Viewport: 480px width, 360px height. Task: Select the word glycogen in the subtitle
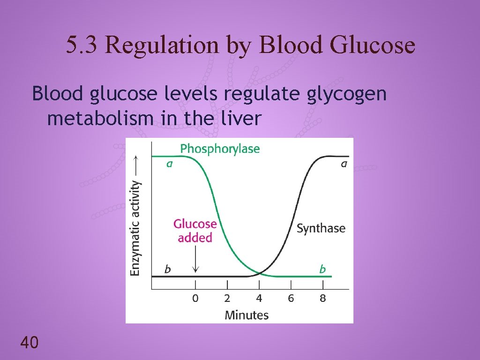(347, 94)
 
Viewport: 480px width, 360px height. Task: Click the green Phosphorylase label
(220, 149)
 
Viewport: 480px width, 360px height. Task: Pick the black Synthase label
(321, 228)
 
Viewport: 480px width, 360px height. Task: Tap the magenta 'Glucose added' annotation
(195, 231)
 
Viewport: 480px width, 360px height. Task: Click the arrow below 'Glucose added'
(195, 261)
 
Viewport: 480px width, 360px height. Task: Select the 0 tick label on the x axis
(195, 298)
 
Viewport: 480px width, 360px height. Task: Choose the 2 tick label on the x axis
(227, 298)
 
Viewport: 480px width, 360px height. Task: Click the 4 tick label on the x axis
(259, 298)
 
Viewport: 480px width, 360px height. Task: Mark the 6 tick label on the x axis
(291, 298)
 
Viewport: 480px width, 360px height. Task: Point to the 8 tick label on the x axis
(322, 298)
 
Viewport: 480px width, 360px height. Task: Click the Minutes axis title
(247, 315)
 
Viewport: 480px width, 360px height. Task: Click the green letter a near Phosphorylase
(169, 164)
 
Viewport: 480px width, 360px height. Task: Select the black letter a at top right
(344, 164)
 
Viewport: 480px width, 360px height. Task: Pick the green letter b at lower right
(322, 269)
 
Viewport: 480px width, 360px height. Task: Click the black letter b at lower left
(167, 269)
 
